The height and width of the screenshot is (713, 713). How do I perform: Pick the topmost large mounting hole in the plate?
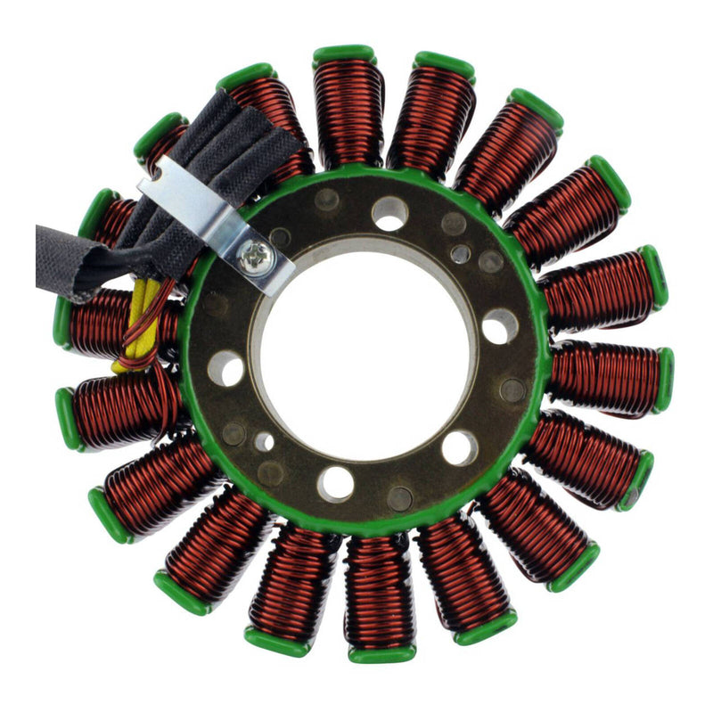point(389,213)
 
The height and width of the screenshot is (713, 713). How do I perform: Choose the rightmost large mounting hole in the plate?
point(500,326)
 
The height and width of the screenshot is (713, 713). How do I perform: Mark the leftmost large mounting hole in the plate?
point(225,367)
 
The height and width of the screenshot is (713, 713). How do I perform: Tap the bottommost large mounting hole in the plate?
point(336,483)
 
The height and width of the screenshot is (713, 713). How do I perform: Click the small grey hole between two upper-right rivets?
point(461,254)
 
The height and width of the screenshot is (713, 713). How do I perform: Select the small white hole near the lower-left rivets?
point(264,441)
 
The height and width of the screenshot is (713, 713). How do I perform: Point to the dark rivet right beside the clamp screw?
point(280,238)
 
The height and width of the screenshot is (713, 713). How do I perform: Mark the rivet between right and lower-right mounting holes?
point(512,389)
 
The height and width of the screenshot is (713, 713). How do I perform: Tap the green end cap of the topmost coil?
point(344,54)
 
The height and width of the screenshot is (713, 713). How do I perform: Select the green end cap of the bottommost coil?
point(381,654)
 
